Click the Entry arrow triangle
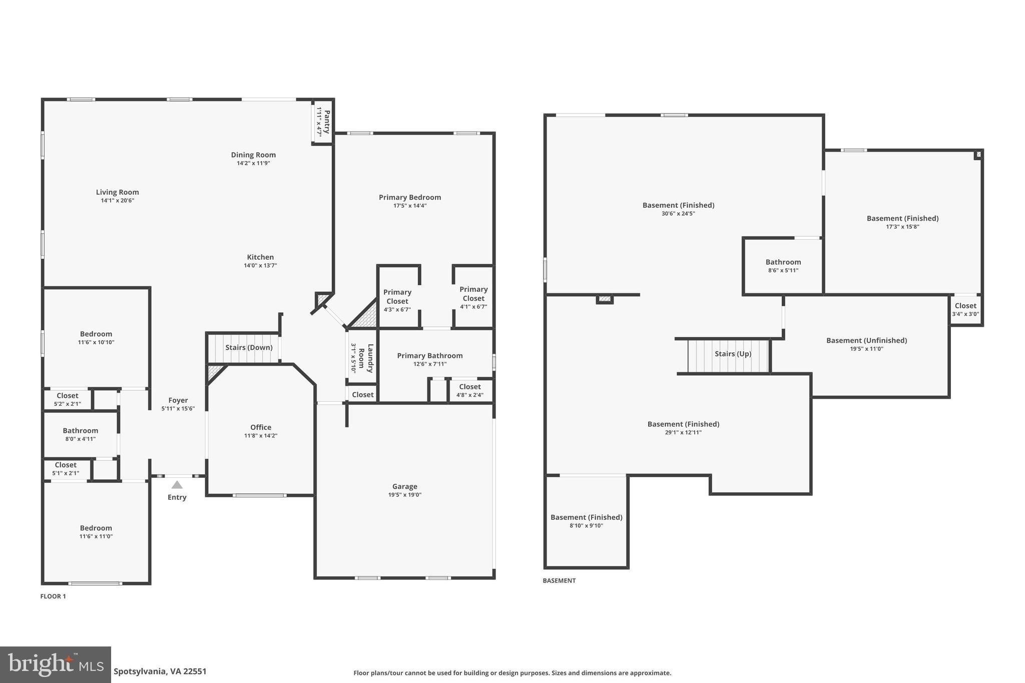coord(177,484)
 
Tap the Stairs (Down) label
coord(249,347)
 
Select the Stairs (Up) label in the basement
coord(733,354)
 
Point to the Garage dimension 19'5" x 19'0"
coord(404,495)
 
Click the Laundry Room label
coord(366,358)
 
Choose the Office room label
coord(261,427)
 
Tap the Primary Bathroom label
coord(429,356)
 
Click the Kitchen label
coord(260,257)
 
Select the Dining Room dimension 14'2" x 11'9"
coord(253,163)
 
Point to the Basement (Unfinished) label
coord(866,340)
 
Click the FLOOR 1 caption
coord(53,596)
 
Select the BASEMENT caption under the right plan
coord(559,581)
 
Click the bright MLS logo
coord(56,665)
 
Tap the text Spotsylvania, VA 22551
coord(160,671)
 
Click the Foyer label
coord(178,400)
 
